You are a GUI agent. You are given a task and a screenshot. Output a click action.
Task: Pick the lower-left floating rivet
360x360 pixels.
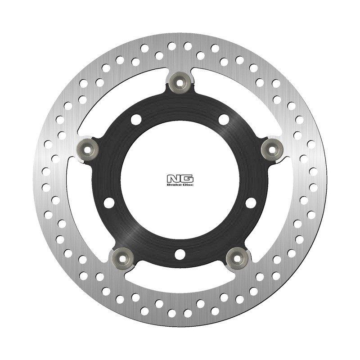click(x=121, y=258)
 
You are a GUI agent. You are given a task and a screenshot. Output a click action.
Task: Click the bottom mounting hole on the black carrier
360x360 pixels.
click(x=180, y=255)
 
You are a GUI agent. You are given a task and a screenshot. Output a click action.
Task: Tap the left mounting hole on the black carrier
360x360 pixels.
click(x=109, y=202)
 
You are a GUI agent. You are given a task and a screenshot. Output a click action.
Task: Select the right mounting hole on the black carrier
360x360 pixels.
click(x=251, y=202)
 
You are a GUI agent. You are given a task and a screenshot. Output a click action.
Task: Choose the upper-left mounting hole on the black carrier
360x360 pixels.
click(x=136, y=119)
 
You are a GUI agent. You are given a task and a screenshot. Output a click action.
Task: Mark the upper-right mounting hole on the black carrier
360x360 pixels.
click(x=224, y=119)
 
